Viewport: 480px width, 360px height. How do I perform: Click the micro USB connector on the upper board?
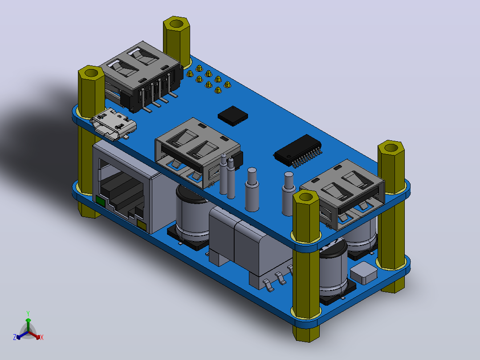tap(114, 124)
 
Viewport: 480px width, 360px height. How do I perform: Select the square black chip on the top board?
tap(233, 116)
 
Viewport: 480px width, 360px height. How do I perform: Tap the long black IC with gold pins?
tap(297, 150)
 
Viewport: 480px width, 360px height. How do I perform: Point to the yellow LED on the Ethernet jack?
tap(142, 225)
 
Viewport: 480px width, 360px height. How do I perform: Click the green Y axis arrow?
tap(28, 325)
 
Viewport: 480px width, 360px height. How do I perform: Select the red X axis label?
tap(42, 337)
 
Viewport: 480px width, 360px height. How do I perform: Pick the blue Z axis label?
tap(15, 337)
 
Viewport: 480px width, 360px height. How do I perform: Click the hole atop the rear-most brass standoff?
tap(176, 23)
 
